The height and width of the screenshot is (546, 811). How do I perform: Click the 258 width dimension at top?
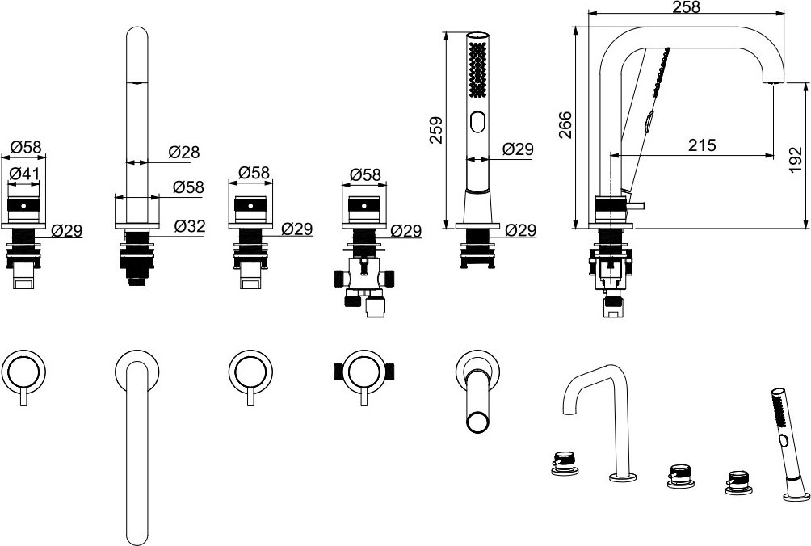687,6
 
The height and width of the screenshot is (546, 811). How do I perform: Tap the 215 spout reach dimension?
703,145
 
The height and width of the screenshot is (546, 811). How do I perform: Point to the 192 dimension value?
797,159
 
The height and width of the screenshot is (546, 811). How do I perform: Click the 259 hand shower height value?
437,130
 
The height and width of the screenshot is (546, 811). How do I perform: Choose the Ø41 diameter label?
23,174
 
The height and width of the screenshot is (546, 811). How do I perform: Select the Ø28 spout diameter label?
183,152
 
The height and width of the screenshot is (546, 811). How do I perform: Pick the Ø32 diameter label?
189,226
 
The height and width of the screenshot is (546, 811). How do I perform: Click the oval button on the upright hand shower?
478,123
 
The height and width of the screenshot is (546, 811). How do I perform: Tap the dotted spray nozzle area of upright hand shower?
478,69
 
